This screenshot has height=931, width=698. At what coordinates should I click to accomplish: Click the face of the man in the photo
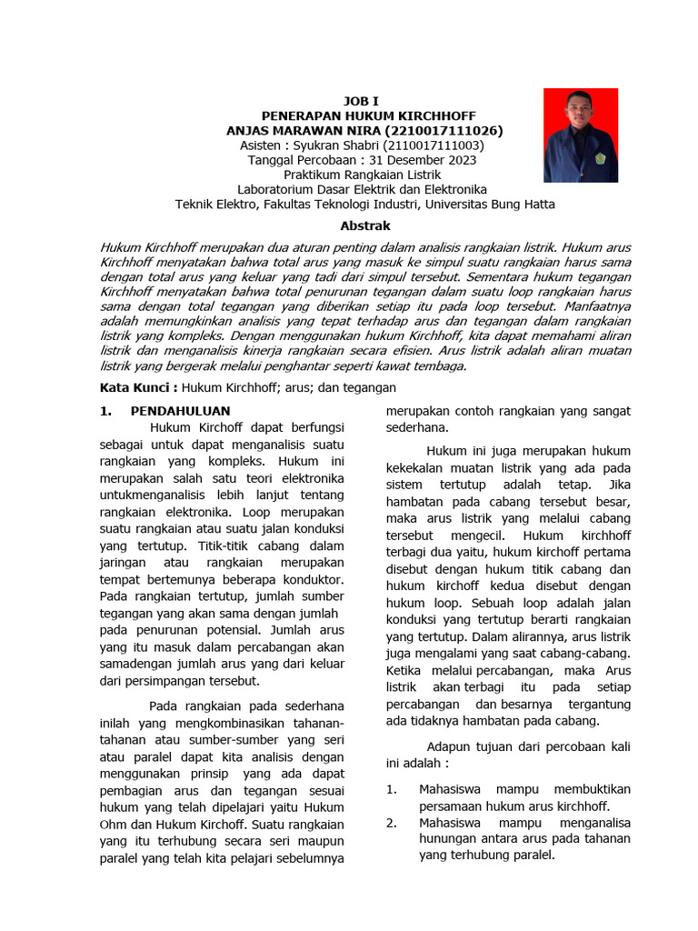580,110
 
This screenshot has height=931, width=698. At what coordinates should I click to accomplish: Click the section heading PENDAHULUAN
181,411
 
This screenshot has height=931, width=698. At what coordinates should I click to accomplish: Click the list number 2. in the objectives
391,822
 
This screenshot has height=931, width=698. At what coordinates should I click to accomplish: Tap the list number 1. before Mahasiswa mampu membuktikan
391,788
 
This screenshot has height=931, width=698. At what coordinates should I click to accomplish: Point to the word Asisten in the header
264,145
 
